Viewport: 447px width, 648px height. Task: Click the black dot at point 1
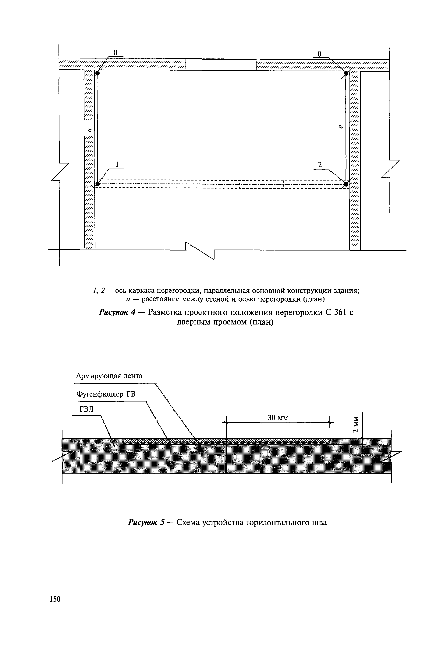[98, 184]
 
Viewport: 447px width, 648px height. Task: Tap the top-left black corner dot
[98, 73]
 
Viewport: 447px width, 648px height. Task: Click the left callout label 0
[115, 52]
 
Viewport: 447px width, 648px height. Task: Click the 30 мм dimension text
[278, 418]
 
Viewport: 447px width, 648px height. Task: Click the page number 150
[55, 599]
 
